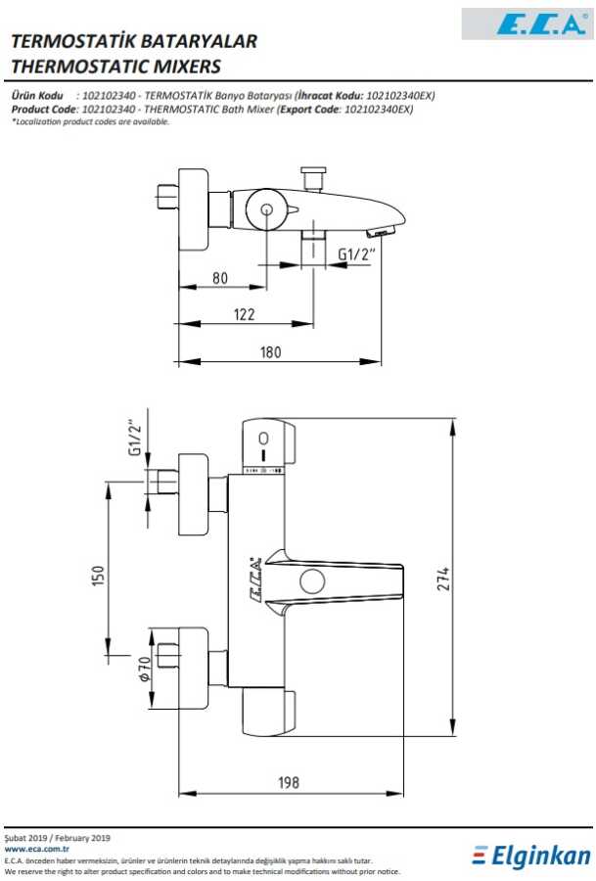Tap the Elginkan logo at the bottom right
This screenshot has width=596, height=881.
531,857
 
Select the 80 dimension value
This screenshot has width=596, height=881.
220,278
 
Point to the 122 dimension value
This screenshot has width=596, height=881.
244,314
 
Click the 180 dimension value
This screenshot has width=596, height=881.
270,352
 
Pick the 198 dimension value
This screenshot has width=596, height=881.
288,782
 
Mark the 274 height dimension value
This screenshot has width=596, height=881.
443,579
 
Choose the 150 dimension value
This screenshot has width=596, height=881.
97,576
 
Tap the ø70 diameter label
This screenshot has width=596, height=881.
145,669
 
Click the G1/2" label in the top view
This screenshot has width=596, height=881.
356,255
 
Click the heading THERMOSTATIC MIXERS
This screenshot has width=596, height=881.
115,67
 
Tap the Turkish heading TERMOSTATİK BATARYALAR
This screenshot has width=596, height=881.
134,40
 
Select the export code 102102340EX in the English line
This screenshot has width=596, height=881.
378,109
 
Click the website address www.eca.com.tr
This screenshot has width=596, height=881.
36,849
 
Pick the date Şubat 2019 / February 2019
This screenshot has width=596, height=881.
58,838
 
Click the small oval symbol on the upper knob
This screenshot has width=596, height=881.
263,439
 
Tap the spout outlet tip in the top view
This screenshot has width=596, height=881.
381,231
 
